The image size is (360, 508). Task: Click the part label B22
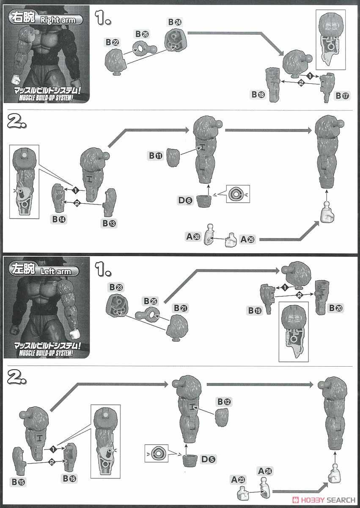(x=113, y=42)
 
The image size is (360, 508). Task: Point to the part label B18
(x=258, y=94)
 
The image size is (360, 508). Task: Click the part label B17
(x=342, y=96)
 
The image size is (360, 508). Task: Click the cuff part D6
(x=204, y=201)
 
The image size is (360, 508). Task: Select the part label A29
(x=247, y=239)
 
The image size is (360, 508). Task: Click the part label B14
(x=59, y=219)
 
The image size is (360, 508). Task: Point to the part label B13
(x=110, y=223)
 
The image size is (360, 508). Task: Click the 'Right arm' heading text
(x=58, y=20)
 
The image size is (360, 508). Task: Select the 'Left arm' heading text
(x=56, y=271)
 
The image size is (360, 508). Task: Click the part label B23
(x=116, y=287)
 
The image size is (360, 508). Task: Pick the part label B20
(x=336, y=308)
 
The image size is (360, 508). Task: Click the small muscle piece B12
(x=222, y=417)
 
